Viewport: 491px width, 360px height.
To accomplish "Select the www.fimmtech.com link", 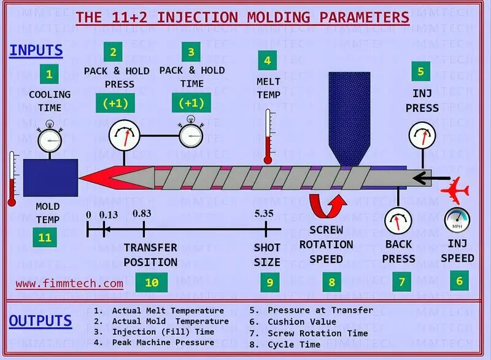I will tap(69, 284).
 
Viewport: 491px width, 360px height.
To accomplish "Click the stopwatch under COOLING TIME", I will tap(50, 139).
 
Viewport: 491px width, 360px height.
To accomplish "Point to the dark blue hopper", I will tap(349, 117).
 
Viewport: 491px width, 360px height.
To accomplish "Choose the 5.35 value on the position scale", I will tap(265, 214).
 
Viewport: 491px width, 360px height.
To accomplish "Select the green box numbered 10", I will tap(151, 283).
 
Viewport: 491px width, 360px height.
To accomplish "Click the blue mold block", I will tap(50, 178).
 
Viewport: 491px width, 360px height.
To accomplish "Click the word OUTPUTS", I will tap(41, 321).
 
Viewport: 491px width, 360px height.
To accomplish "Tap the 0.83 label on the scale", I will tap(142, 214).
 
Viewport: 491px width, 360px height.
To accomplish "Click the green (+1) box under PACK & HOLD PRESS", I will tap(116, 103).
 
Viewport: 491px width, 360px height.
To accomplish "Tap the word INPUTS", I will tap(36, 50).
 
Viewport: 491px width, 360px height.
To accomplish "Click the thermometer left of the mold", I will tap(12, 179).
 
